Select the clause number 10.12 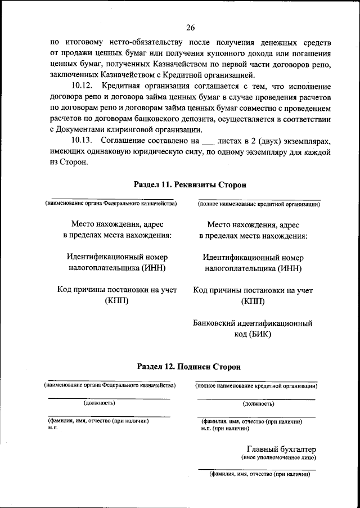83,86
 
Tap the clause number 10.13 83,140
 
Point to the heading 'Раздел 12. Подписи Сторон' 189,366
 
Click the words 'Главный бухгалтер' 281,449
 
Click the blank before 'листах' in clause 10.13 208,141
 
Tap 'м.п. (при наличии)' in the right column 225,428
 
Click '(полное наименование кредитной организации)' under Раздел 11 259,204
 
